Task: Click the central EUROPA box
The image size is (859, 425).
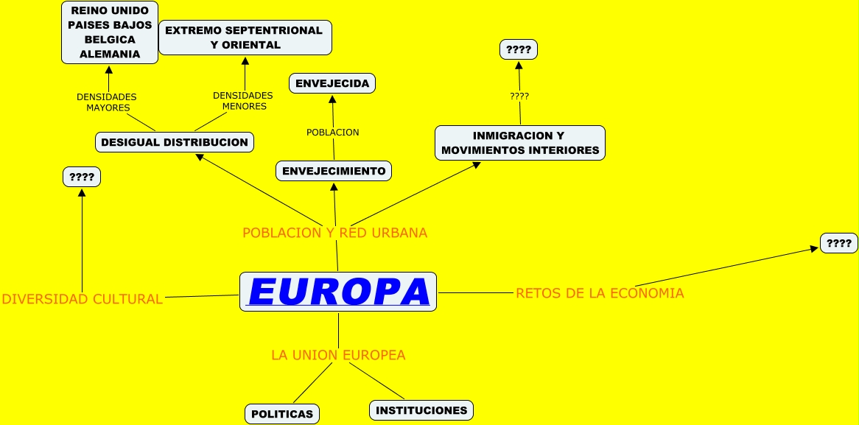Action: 338,292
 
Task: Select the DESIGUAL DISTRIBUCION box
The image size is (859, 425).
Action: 175,142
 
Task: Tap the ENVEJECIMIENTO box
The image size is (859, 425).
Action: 334,171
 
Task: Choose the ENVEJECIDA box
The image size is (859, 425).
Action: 332,83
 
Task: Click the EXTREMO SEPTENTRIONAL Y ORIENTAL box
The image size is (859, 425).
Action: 245,38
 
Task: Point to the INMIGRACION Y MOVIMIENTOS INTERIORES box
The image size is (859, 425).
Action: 520,143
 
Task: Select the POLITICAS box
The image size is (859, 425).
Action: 282,414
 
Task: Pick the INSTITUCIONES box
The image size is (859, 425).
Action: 421,410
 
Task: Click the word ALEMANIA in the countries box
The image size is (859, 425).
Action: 110,54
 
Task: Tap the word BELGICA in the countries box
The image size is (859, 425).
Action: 110,40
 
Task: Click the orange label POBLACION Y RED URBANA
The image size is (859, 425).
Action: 334,233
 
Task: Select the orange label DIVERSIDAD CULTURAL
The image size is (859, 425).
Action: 82,299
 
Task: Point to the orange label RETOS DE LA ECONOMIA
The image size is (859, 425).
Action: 600,293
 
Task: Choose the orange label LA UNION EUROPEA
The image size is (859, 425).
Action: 338,355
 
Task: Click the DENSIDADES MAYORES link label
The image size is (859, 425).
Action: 107,102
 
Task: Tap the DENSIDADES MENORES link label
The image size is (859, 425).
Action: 243,101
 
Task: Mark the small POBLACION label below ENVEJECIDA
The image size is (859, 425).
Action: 332,133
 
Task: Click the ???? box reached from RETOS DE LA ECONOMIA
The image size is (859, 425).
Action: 839,243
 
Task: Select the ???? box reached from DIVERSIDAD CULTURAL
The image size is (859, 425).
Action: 82,177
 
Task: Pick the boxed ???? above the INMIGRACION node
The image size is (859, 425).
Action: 519,49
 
